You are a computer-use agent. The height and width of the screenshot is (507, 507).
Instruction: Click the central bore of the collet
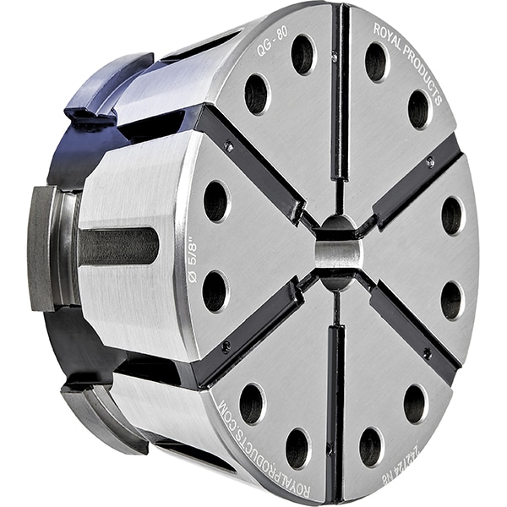point(337,253)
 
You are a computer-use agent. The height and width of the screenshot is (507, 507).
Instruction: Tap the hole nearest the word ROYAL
point(375,60)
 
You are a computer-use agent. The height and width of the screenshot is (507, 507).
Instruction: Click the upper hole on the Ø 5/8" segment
point(215,201)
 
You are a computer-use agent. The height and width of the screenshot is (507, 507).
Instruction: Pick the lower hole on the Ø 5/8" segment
point(215,291)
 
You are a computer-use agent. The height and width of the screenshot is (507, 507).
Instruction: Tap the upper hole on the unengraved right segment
point(452,215)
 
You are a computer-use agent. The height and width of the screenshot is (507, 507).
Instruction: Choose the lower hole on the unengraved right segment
point(451,300)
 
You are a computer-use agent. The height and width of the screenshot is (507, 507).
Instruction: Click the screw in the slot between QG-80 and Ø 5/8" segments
point(229,146)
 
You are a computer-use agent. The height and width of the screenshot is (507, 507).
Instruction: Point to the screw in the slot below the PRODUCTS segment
point(430,162)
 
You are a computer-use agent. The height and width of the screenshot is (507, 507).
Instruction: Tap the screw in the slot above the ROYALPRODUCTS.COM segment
point(226,346)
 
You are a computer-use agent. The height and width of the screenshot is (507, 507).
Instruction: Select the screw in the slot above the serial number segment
point(427,352)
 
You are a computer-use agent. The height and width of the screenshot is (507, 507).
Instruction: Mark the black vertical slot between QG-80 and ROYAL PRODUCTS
point(340,93)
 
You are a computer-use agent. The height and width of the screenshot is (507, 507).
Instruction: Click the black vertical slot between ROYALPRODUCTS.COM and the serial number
point(337,406)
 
